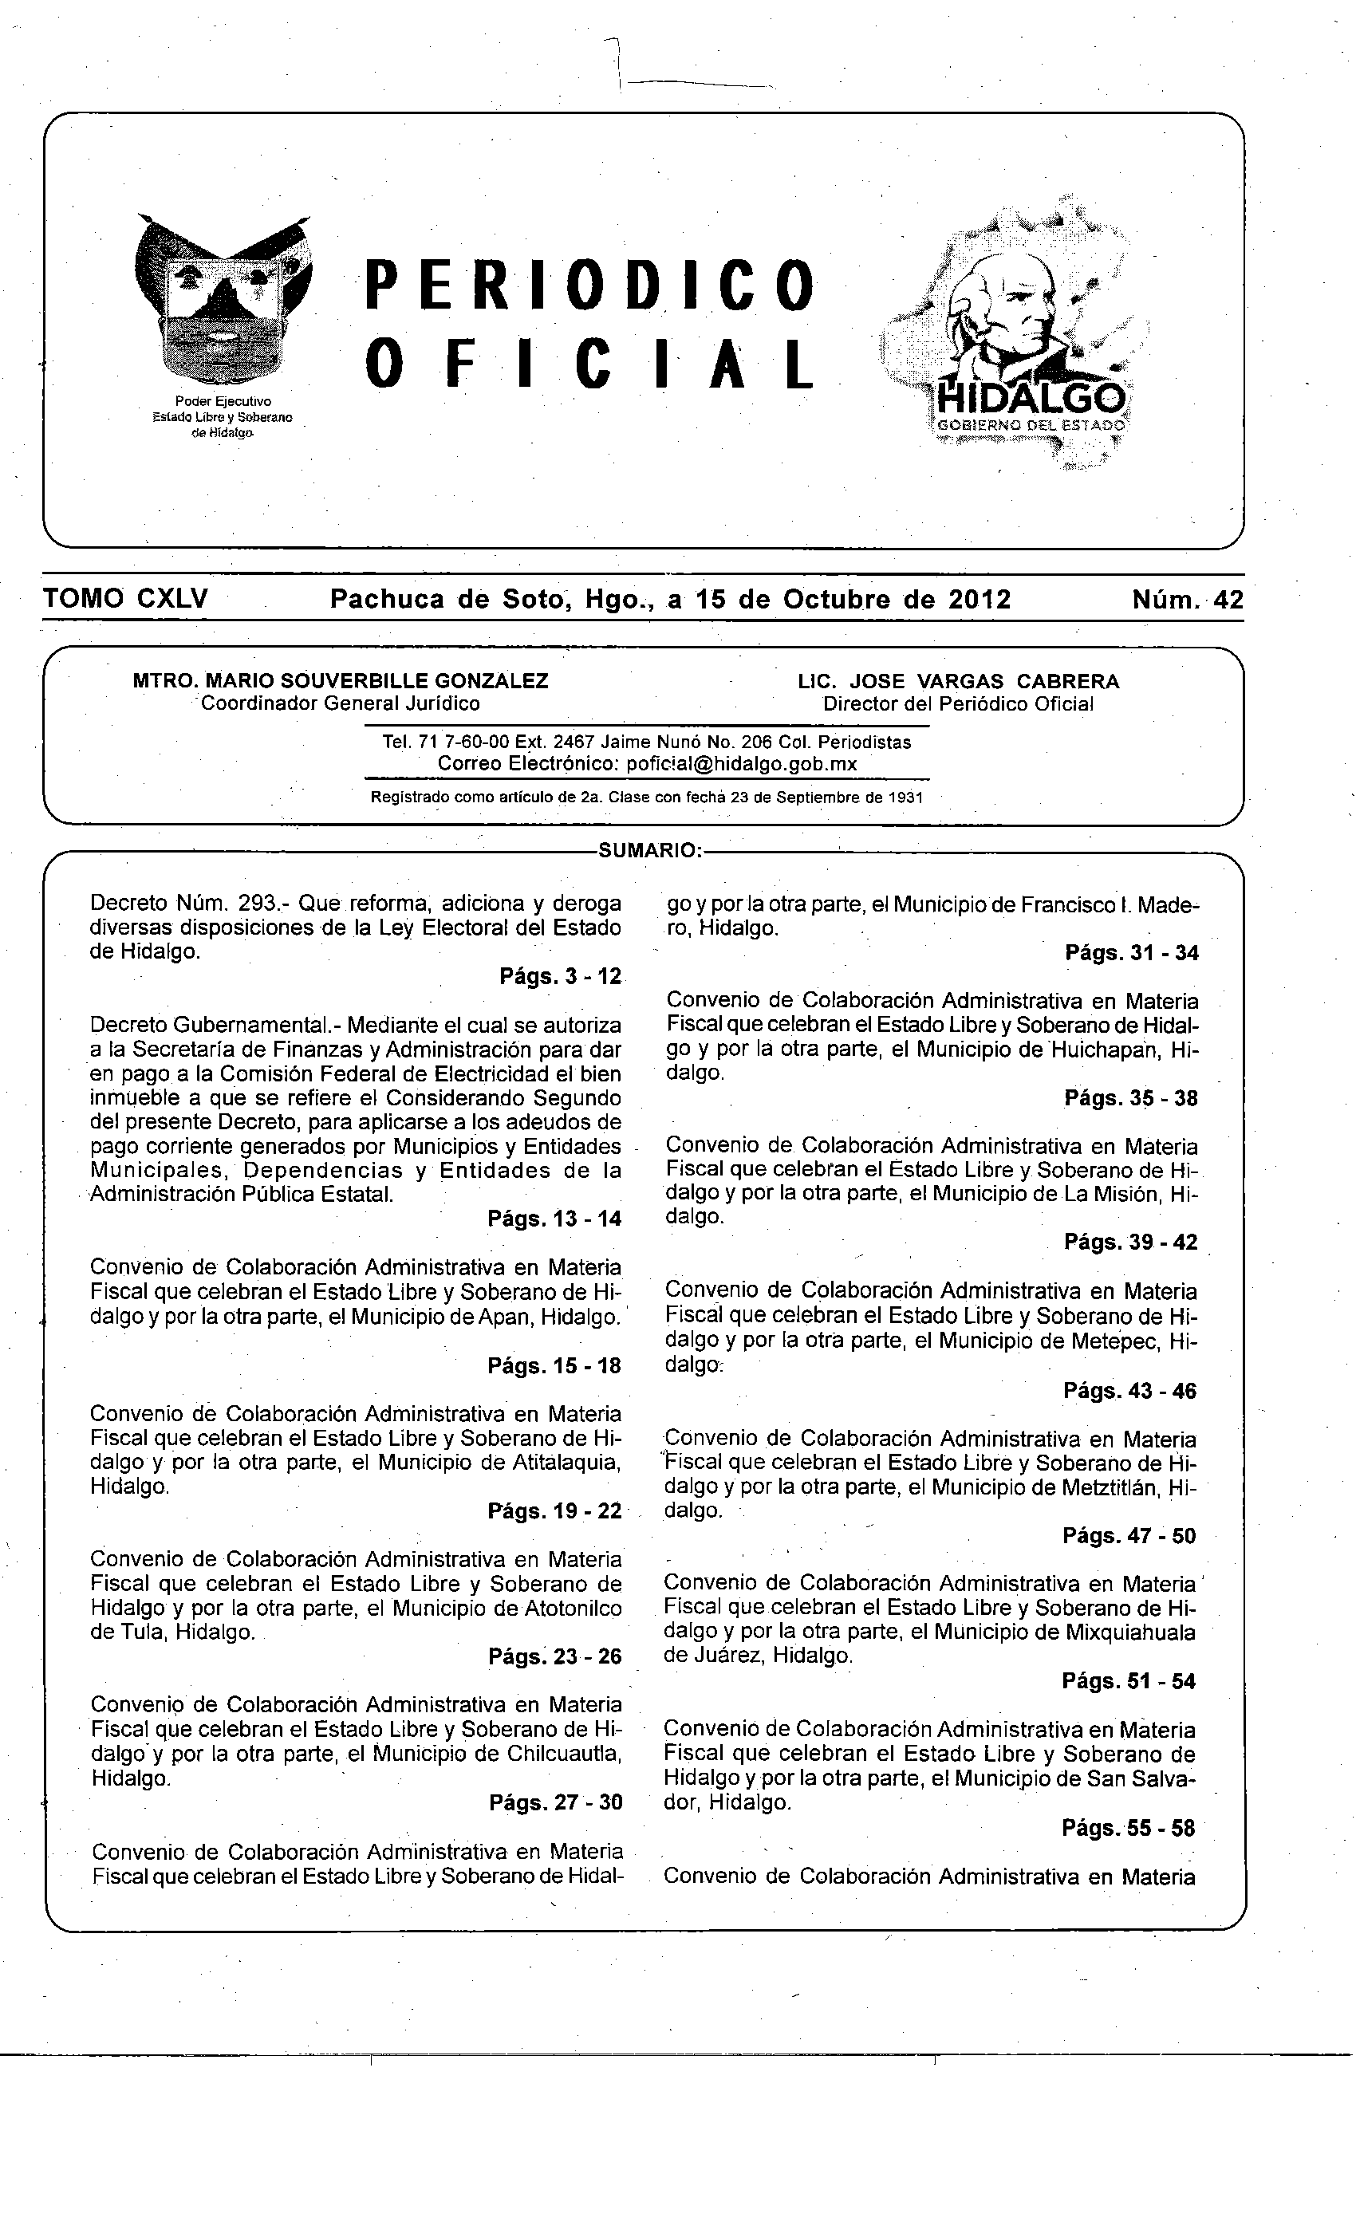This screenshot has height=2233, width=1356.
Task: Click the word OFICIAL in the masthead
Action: tap(589, 364)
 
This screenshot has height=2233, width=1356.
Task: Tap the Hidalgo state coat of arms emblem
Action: tap(222, 304)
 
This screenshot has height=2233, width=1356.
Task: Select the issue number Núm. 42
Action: tap(1187, 600)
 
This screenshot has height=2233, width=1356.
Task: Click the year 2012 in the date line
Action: tap(979, 600)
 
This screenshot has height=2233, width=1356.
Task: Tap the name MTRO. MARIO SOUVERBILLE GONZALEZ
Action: tap(340, 680)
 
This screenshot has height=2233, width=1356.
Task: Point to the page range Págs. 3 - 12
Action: tap(560, 976)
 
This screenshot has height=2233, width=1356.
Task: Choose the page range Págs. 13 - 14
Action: tap(554, 1219)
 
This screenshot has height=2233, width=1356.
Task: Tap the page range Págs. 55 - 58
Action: tap(1129, 1828)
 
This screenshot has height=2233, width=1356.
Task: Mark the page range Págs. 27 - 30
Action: tap(554, 1802)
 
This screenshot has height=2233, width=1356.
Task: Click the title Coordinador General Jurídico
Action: tap(340, 703)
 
